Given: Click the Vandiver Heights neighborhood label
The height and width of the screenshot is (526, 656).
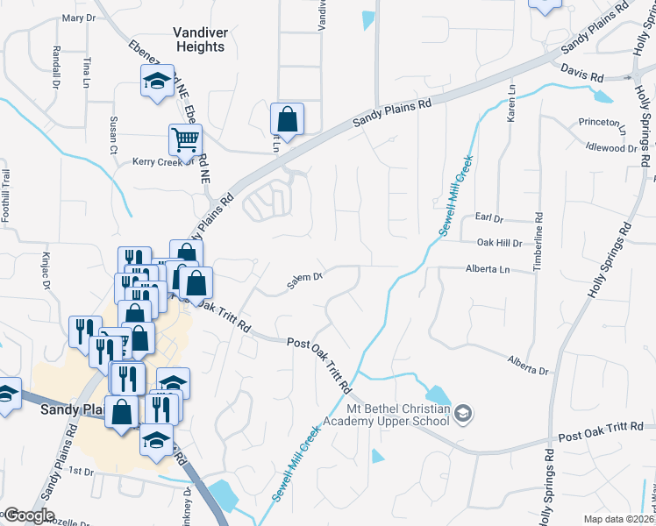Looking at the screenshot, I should coord(199,39).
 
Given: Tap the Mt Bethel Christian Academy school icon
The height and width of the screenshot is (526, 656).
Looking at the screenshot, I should coord(464,412).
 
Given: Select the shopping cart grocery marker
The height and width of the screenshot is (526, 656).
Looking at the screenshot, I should coord(185,139).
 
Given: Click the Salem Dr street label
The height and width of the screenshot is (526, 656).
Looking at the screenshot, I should coord(306,281).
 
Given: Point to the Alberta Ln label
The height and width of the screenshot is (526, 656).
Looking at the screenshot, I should coord(487,269).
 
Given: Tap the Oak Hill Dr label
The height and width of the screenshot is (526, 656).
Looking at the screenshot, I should coord(499,242).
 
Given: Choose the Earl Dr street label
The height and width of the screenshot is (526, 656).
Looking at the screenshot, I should coord(488,217).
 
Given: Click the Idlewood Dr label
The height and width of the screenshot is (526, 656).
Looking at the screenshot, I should coord(613,149).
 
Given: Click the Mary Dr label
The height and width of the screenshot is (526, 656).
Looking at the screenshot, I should coord(79,18).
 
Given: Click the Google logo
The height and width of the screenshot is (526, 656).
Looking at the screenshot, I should coord(29,515).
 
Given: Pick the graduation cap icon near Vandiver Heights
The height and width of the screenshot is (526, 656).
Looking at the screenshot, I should coord(156,82).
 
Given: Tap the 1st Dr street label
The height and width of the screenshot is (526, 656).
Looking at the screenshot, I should coord(81,471).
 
